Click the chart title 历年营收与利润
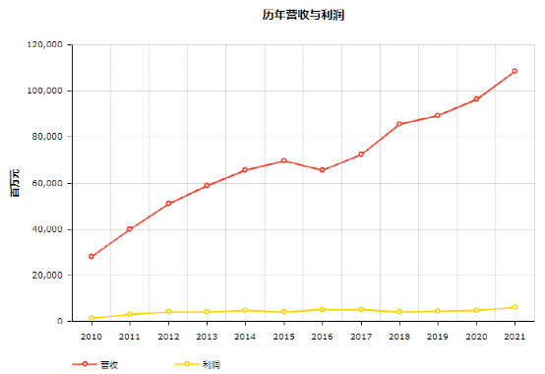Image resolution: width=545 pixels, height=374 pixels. [303, 15]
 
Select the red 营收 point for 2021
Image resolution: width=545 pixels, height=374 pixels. [515, 71]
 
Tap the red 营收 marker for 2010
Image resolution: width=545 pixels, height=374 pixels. [91, 257]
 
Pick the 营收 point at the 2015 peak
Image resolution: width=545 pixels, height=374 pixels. [283, 160]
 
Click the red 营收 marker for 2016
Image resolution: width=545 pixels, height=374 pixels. [323, 170]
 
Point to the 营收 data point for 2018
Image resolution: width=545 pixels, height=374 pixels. [399, 124]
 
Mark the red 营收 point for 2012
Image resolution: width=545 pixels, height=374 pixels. [168, 204]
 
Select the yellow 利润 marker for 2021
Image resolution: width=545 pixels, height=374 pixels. [515, 307]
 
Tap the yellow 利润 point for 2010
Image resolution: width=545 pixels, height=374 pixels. [91, 318]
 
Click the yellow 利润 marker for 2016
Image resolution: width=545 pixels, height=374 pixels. [323, 309]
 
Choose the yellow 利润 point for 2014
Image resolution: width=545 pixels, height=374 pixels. [245, 310]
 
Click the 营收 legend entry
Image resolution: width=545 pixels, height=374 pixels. [95, 364]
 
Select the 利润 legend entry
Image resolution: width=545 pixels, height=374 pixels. [197, 364]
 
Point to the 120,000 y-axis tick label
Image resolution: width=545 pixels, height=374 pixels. [45, 44]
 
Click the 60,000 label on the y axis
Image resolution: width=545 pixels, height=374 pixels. [47, 183]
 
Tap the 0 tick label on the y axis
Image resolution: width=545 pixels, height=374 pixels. [60, 321]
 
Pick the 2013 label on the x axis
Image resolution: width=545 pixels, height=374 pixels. [207, 337]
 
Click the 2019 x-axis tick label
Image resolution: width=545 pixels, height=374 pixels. [437, 337]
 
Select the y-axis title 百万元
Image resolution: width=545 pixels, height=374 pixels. [15, 183]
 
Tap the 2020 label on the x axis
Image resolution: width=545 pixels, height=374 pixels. [476, 337]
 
